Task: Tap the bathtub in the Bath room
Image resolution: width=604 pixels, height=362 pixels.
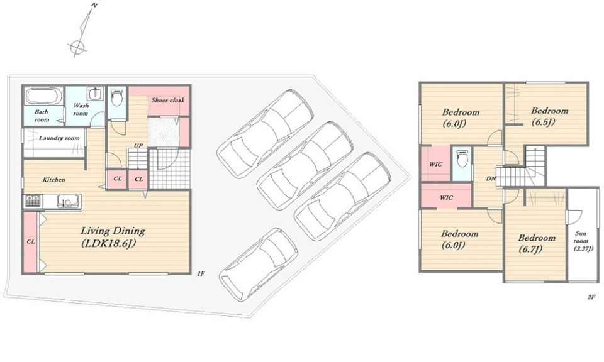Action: (44, 96)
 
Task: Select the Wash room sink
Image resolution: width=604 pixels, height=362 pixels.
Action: (94, 94)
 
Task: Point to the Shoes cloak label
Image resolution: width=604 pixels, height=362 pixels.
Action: (168, 100)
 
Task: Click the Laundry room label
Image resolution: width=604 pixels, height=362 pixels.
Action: (59, 138)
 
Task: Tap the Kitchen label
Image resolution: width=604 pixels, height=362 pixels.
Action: (53, 180)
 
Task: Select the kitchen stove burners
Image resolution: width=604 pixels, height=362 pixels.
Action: (33, 200)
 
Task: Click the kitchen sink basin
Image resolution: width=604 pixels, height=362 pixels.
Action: (68, 201)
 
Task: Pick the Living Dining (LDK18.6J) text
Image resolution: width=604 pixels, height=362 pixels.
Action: (113, 237)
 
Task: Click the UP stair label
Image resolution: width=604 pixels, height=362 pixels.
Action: (138, 145)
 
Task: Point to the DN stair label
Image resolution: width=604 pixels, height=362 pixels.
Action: (491, 178)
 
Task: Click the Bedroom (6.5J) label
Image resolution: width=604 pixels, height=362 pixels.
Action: (549, 116)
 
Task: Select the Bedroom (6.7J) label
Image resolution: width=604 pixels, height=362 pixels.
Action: (537, 243)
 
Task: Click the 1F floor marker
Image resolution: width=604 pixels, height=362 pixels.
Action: (200, 274)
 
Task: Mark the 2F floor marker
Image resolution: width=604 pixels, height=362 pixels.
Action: (591, 297)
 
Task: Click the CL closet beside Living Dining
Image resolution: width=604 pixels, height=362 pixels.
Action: (31, 241)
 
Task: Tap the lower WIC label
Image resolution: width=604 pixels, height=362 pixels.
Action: (447, 198)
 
